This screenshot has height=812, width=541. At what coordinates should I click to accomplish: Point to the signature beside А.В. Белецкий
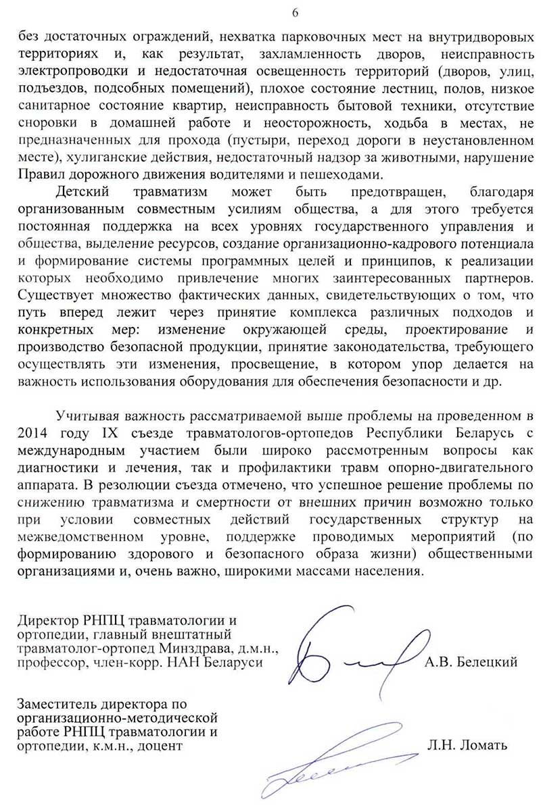coord(352,653)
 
